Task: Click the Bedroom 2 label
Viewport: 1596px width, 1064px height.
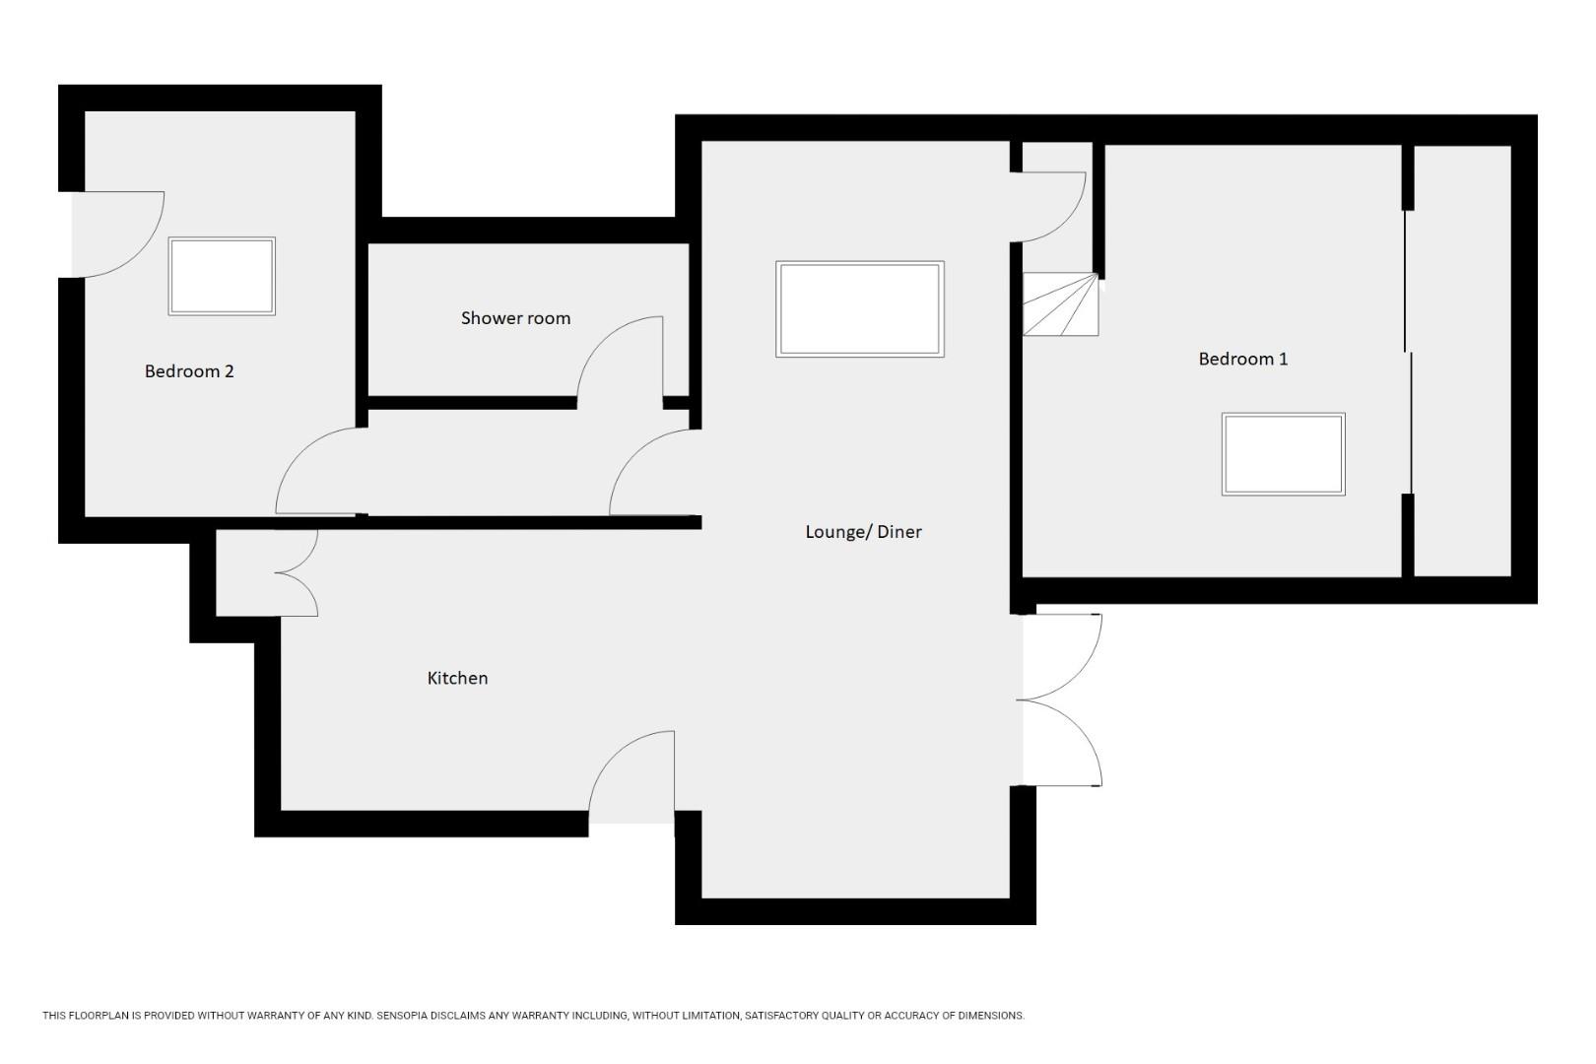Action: (189, 371)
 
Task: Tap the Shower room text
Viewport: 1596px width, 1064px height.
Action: (515, 318)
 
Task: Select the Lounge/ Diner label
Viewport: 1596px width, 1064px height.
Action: (863, 532)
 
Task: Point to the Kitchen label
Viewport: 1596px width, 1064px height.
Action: (457, 678)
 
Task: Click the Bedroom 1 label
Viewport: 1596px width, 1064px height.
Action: (1242, 359)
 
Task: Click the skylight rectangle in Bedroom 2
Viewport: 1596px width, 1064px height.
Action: (222, 276)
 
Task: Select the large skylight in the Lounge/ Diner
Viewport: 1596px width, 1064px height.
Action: (859, 308)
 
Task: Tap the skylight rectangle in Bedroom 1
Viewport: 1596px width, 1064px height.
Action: (1283, 454)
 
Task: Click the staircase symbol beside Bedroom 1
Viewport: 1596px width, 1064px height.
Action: (1060, 304)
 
